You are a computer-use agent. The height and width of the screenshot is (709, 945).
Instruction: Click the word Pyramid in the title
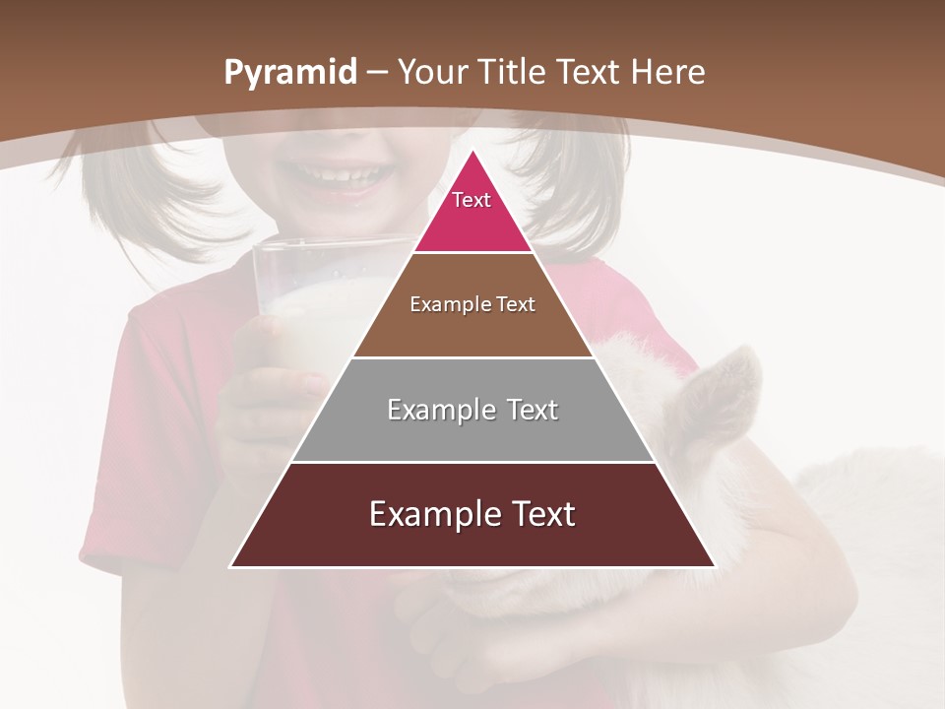(289, 73)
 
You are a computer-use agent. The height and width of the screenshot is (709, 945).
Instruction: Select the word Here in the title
(668, 72)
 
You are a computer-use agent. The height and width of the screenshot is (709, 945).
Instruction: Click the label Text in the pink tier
(472, 200)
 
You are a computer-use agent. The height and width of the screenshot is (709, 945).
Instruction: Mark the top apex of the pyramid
(472, 151)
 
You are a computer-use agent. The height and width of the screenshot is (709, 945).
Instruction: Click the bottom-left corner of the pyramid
(231, 566)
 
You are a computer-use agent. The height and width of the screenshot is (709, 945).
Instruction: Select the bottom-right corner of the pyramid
(715, 566)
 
